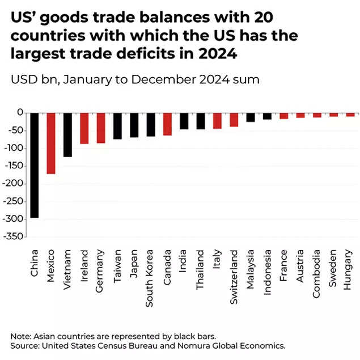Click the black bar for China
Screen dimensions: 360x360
34,164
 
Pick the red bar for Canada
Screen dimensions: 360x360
167,124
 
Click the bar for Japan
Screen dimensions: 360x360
134,125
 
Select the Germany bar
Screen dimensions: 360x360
101,128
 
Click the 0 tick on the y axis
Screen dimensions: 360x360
20,113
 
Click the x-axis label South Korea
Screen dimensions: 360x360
150,269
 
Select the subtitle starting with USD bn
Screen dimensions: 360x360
135,79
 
